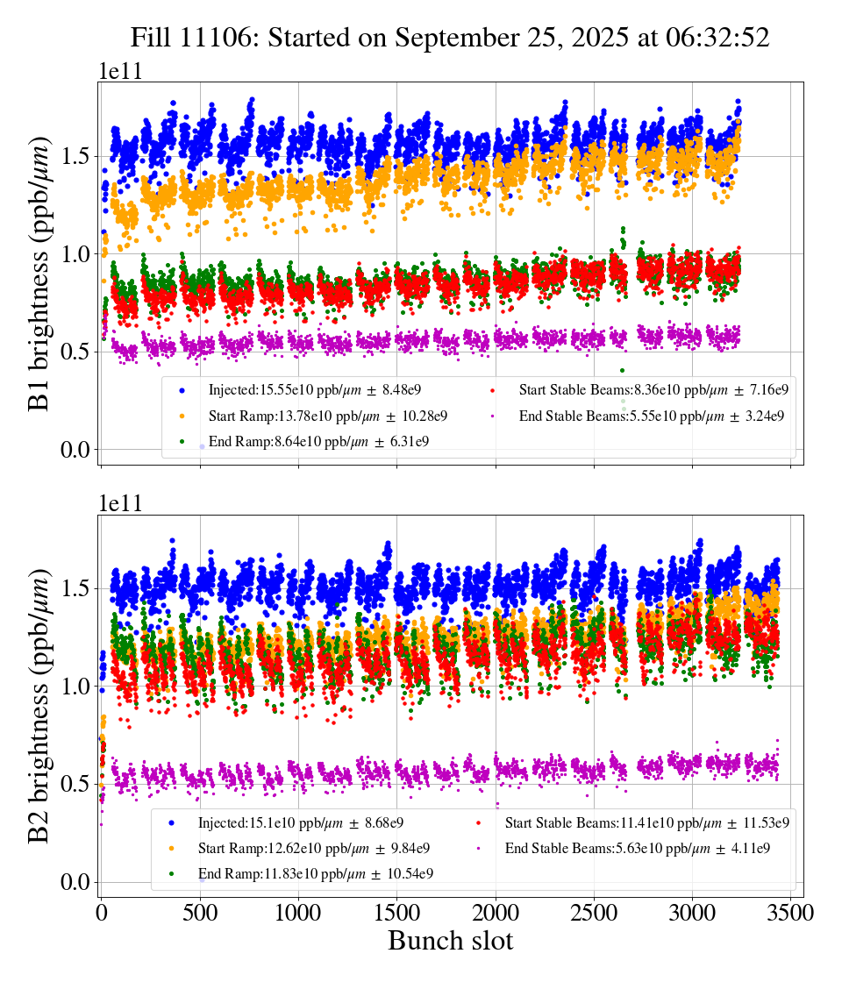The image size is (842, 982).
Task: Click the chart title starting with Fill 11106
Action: point(450,38)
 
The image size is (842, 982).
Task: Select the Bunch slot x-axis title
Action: point(450,942)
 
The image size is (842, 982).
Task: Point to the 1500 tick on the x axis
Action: point(397,913)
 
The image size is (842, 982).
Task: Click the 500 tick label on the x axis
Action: point(200,913)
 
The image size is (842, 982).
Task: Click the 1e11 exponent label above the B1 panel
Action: point(119,71)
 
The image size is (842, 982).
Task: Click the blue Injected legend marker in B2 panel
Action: point(171,822)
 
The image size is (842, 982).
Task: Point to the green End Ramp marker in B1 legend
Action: point(182,441)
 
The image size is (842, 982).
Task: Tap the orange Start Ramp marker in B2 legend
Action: point(171,848)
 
